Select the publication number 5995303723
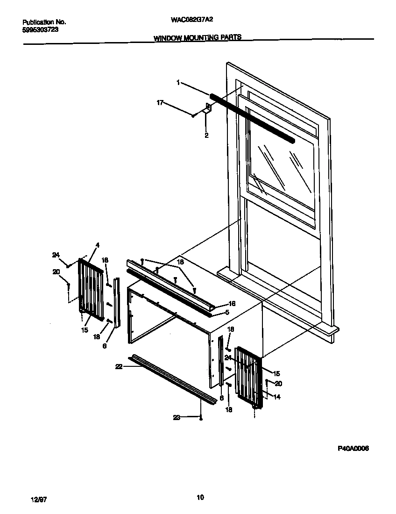click(x=41, y=29)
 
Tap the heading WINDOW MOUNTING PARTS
click(x=198, y=38)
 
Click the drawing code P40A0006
click(x=353, y=448)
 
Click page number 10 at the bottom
click(x=200, y=497)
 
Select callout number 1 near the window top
click(x=178, y=82)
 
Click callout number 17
click(x=160, y=102)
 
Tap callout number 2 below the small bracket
click(x=206, y=136)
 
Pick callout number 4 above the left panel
click(x=97, y=245)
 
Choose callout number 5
click(x=227, y=312)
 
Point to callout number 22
click(x=119, y=367)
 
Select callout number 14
click(x=277, y=397)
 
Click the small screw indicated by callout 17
click(x=193, y=114)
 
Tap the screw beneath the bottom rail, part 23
click(x=201, y=418)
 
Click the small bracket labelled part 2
click(x=208, y=109)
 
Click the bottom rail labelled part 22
click(x=173, y=378)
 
